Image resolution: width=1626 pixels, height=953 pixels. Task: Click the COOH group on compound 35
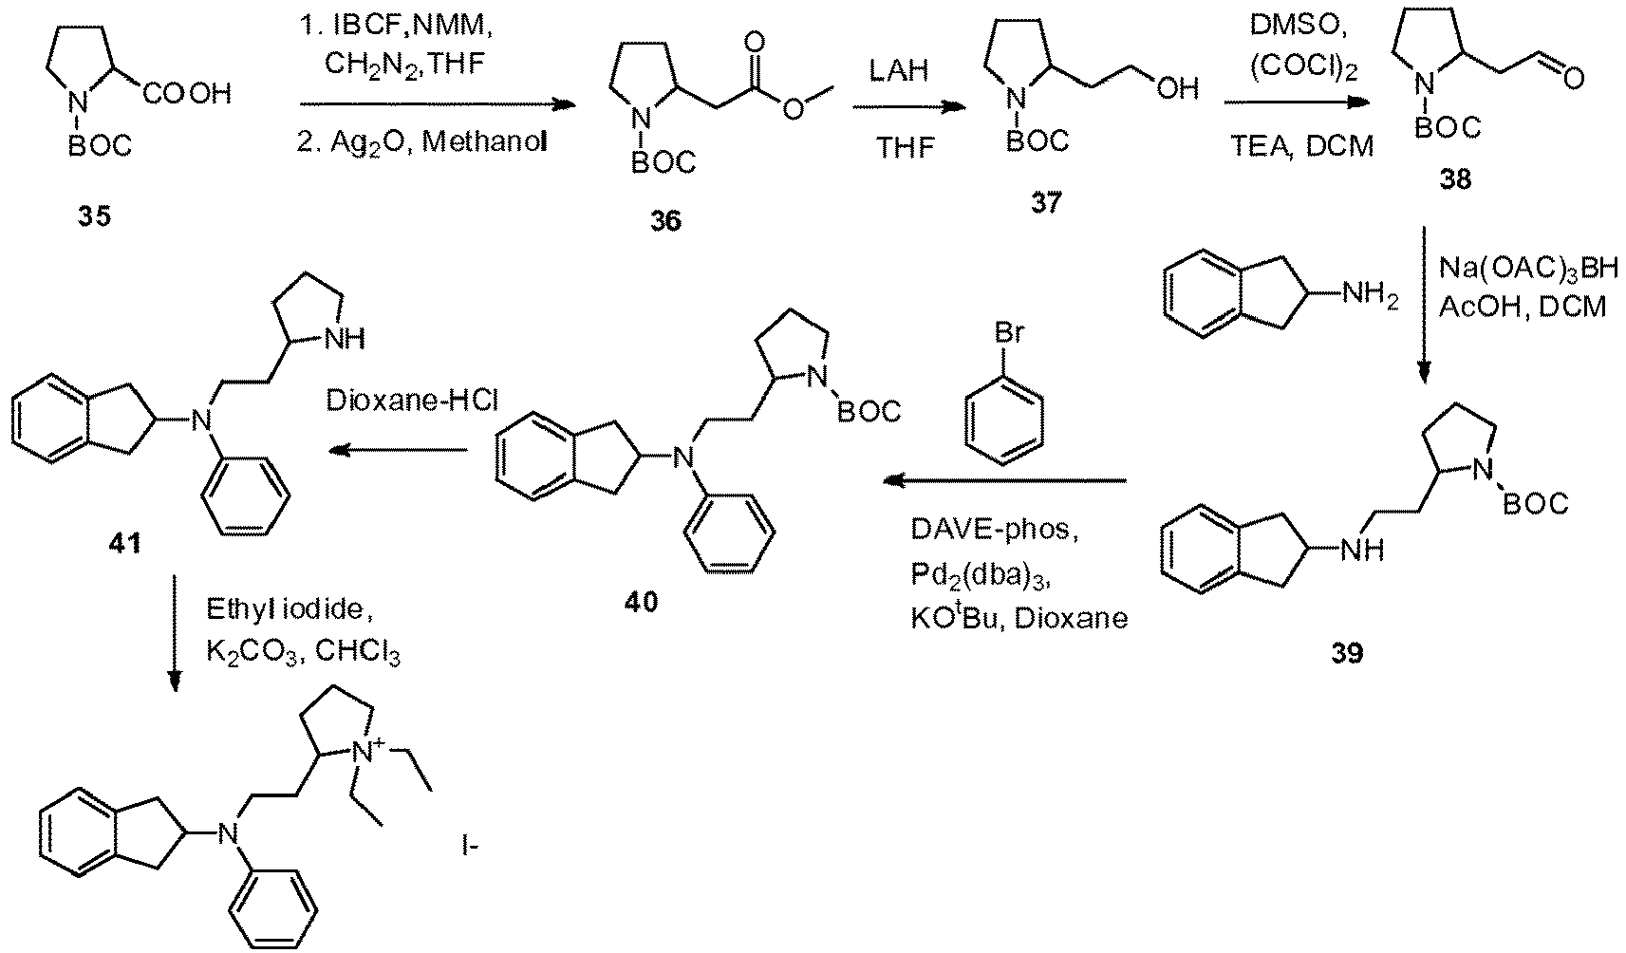point(187,93)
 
